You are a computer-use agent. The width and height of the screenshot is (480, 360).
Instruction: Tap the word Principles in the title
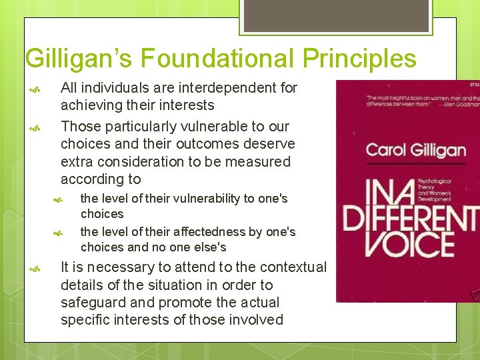coord(359,59)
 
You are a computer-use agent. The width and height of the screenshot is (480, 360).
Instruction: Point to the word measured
coord(259,161)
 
